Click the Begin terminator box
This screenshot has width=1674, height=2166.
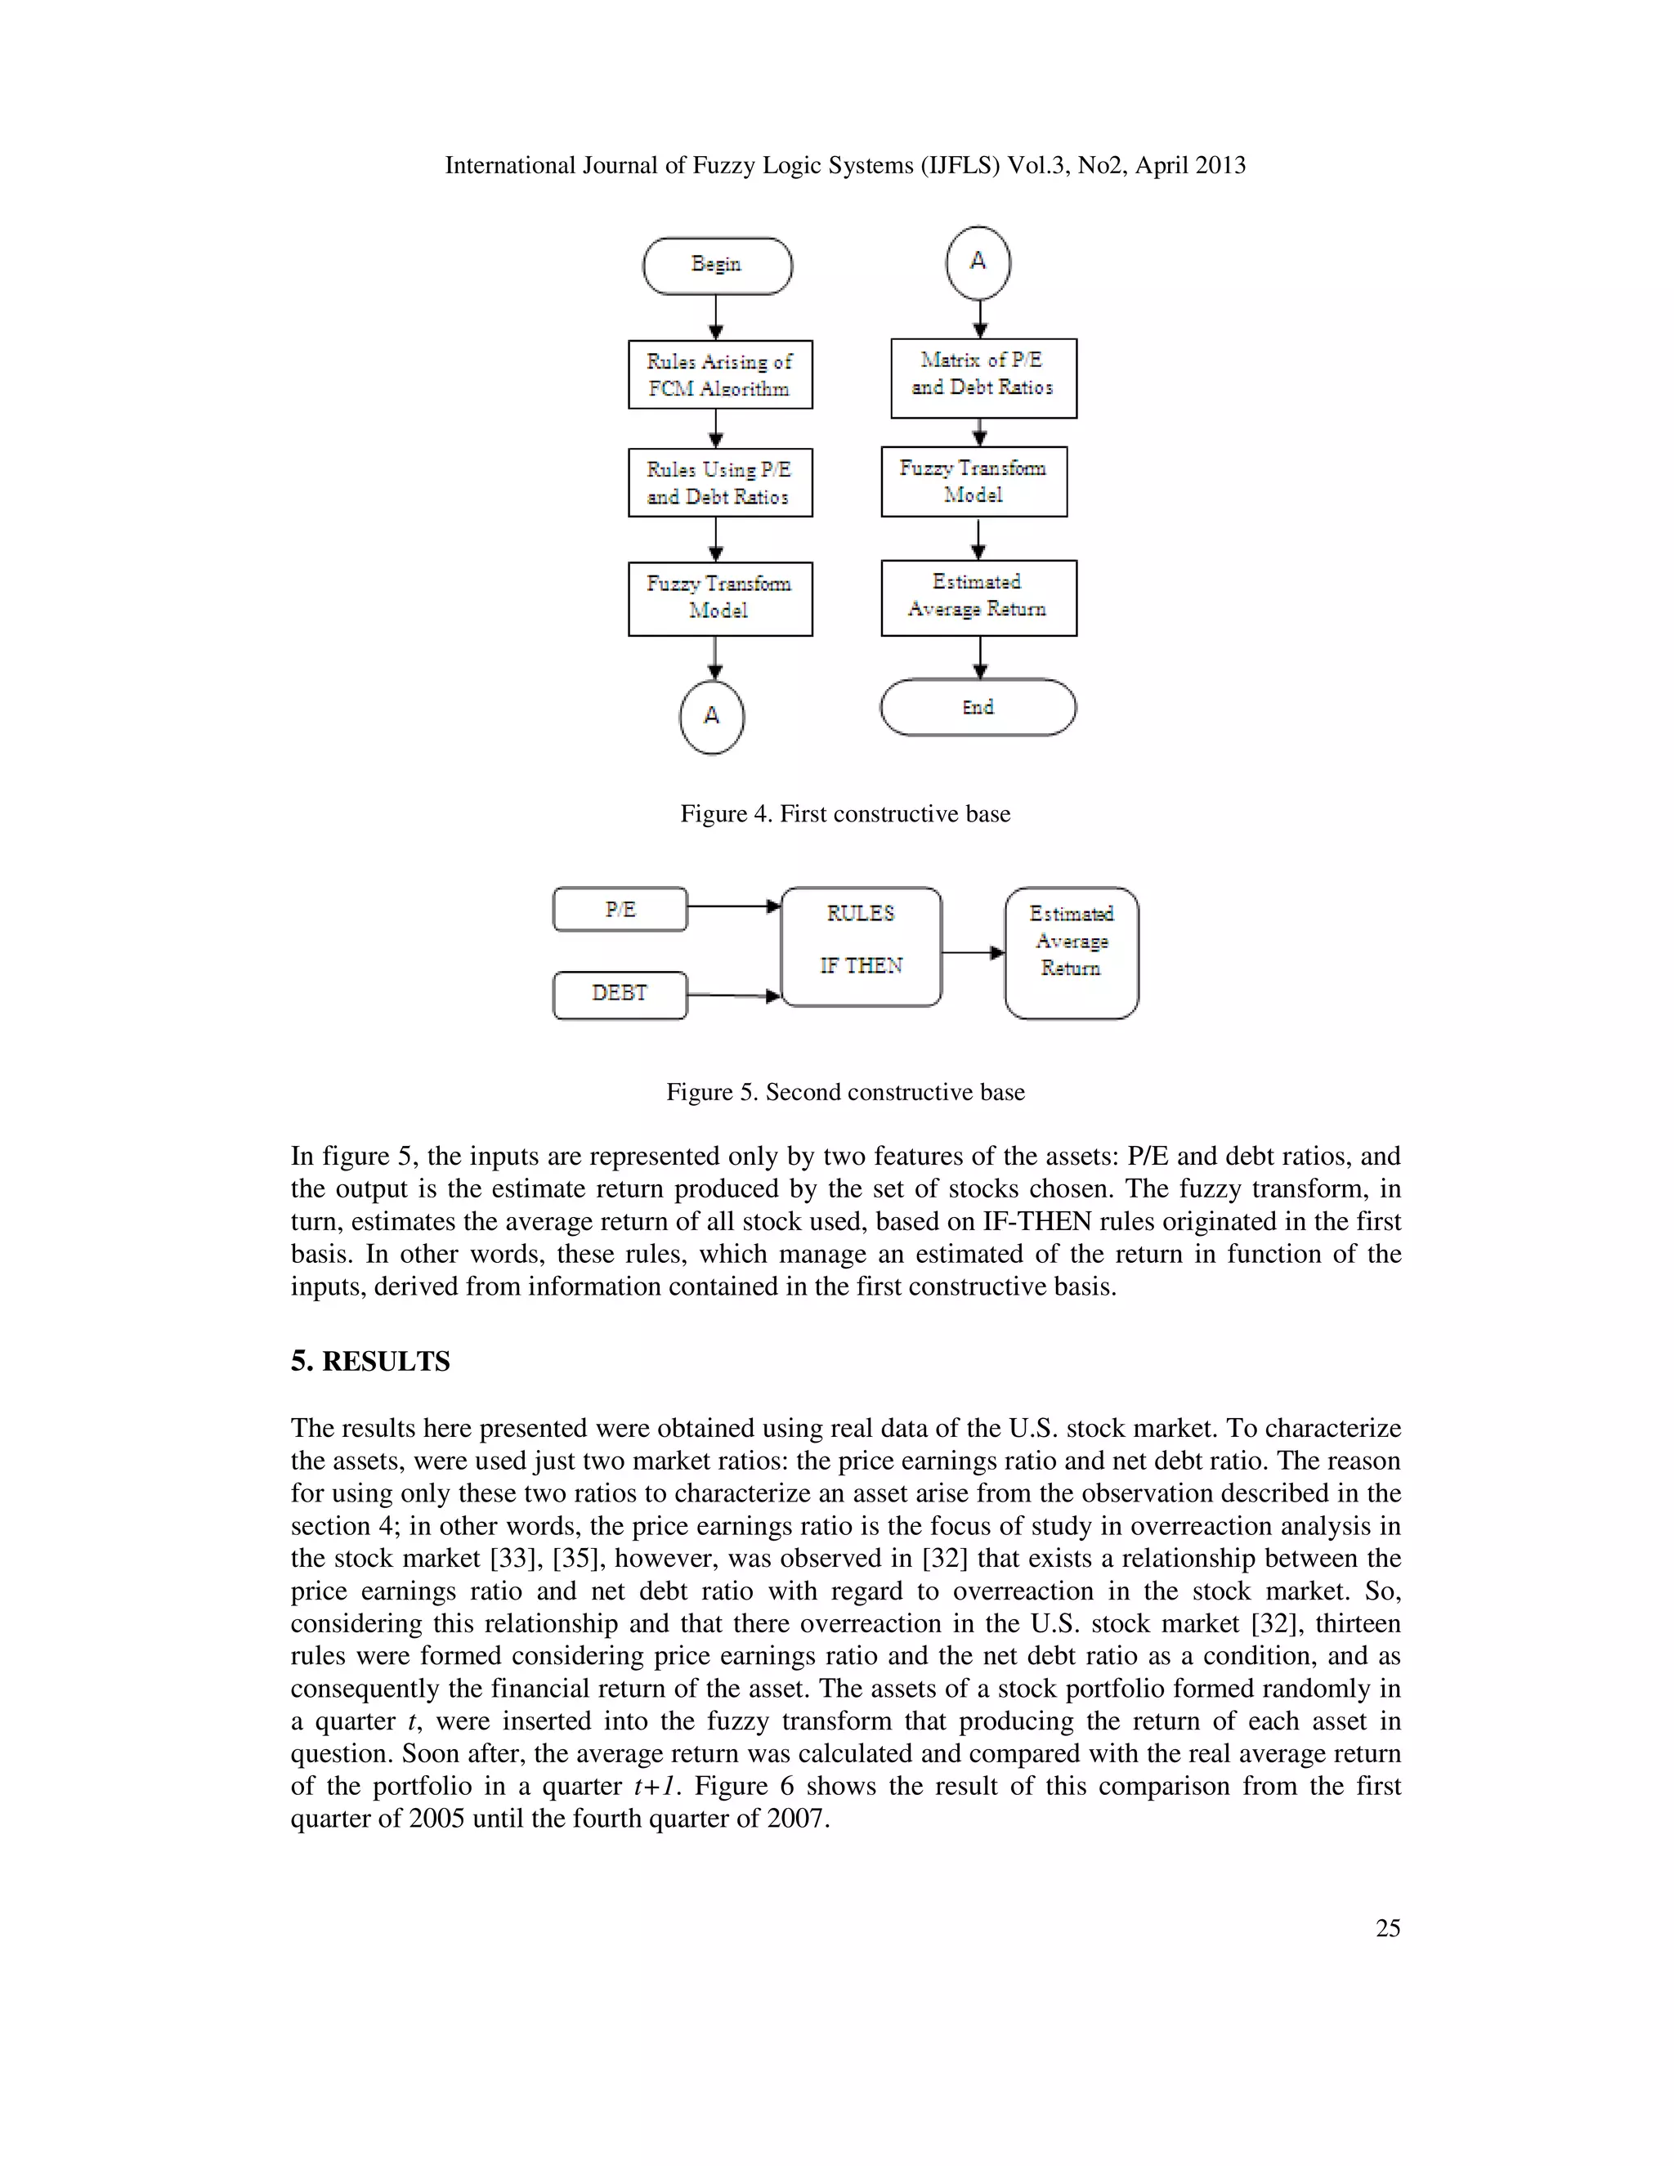click(x=717, y=266)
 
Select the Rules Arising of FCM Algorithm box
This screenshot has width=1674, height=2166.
click(x=720, y=375)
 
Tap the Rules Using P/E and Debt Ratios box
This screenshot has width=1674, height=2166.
click(x=720, y=483)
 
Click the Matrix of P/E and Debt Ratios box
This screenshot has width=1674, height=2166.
click(x=982, y=378)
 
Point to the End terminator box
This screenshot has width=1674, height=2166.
click(x=978, y=707)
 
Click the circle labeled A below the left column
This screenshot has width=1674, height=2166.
click(x=712, y=716)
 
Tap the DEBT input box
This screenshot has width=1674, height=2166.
click(x=620, y=995)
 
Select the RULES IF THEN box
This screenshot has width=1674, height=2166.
click(x=861, y=947)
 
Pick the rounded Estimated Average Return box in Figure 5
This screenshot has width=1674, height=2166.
click(x=1071, y=953)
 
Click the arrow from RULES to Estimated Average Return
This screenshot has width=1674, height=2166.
click(x=973, y=953)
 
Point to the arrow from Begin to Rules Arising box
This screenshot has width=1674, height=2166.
click(x=716, y=317)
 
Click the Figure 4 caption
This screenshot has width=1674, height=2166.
click(x=845, y=814)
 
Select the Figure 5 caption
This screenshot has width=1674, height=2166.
click(x=845, y=1092)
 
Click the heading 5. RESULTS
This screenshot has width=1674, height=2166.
click(x=370, y=1362)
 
